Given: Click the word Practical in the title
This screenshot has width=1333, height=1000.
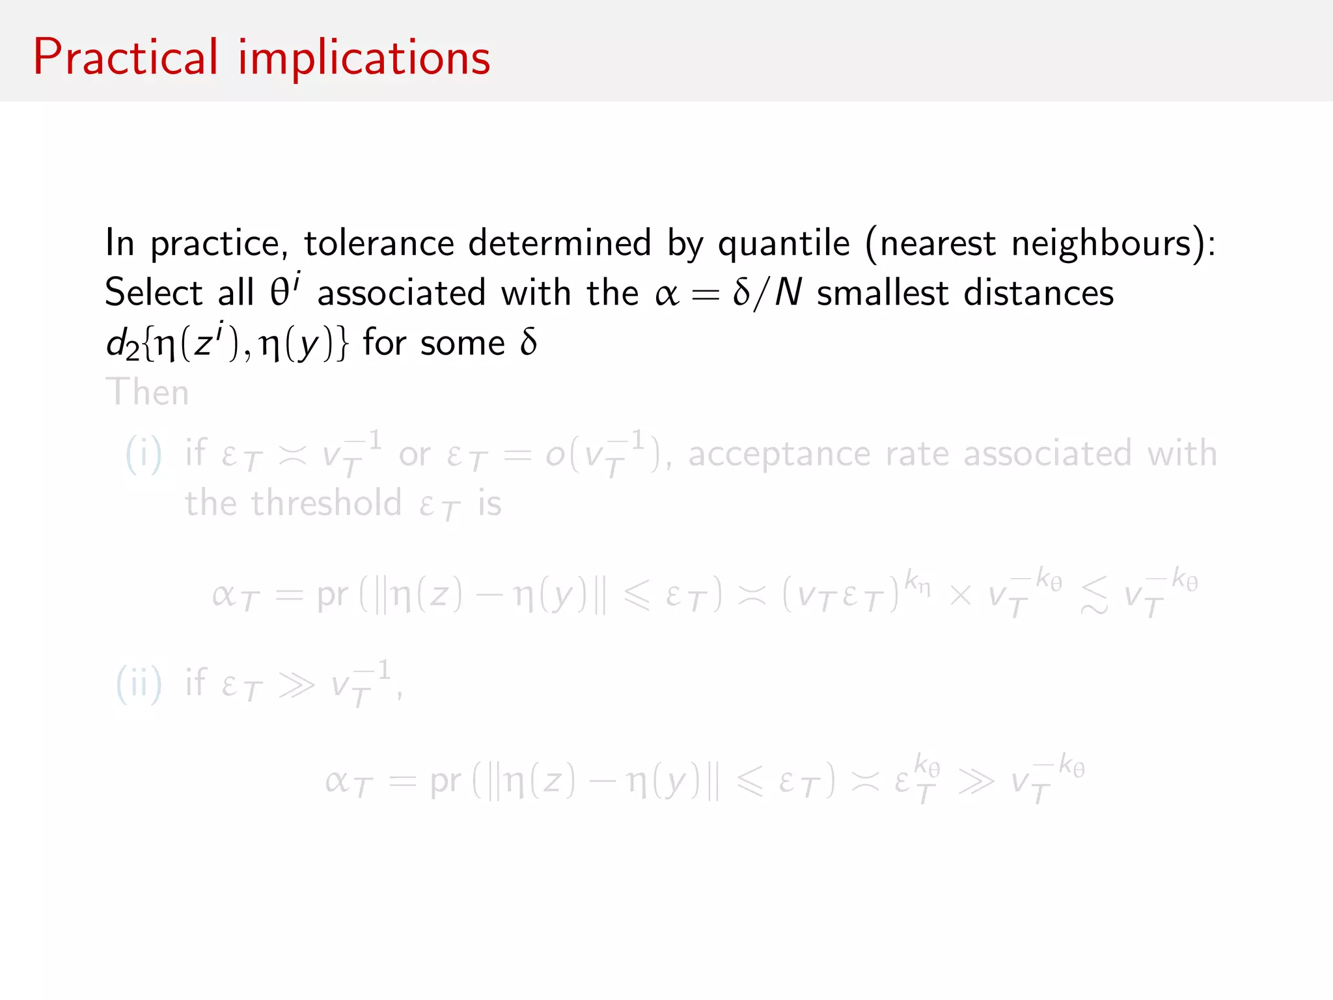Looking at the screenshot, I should pyautogui.click(x=126, y=57).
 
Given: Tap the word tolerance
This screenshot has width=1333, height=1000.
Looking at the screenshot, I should pyautogui.click(x=379, y=243).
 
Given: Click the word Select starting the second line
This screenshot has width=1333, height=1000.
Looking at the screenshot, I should pyautogui.click(x=154, y=292).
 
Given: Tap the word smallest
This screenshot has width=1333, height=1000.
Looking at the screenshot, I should pyautogui.click(x=882, y=292).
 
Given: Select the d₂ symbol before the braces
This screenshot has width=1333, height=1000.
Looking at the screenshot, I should pyautogui.click(x=122, y=343).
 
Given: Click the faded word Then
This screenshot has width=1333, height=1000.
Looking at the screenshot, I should pyautogui.click(x=147, y=392).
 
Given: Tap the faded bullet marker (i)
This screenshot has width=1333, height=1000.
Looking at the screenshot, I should pyautogui.click(x=143, y=454).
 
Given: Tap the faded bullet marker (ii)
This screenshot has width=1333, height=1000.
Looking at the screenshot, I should pyautogui.click(x=139, y=684).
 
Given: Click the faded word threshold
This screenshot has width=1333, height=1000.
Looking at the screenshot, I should pyautogui.click(x=326, y=503).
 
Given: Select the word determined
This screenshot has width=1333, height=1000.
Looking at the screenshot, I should pyautogui.click(x=560, y=243).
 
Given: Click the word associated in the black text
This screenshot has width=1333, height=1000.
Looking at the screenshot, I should pyautogui.click(x=401, y=292).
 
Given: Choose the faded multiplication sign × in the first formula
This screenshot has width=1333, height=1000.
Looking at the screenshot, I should pyautogui.click(x=960, y=594).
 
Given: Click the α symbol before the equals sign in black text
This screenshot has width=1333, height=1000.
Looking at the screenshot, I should pyautogui.click(x=666, y=294).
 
